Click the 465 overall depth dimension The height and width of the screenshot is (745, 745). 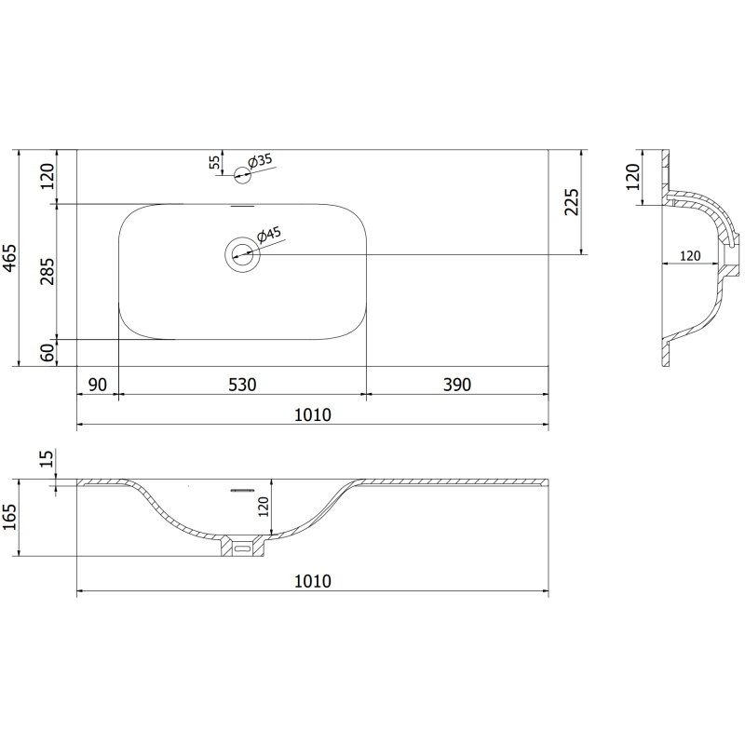[9, 258]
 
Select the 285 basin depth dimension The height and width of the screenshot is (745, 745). [47, 271]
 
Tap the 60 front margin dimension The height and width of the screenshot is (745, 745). [47, 353]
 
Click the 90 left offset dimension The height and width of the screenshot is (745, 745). [98, 385]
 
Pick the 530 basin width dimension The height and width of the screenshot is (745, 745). [242, 385]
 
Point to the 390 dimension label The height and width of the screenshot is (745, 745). [457, 385]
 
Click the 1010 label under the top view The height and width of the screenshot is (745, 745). [313, 414]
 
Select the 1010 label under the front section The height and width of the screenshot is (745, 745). [313, 581]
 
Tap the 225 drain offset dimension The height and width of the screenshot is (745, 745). [572, 202]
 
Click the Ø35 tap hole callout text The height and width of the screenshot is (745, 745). [261, 160]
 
